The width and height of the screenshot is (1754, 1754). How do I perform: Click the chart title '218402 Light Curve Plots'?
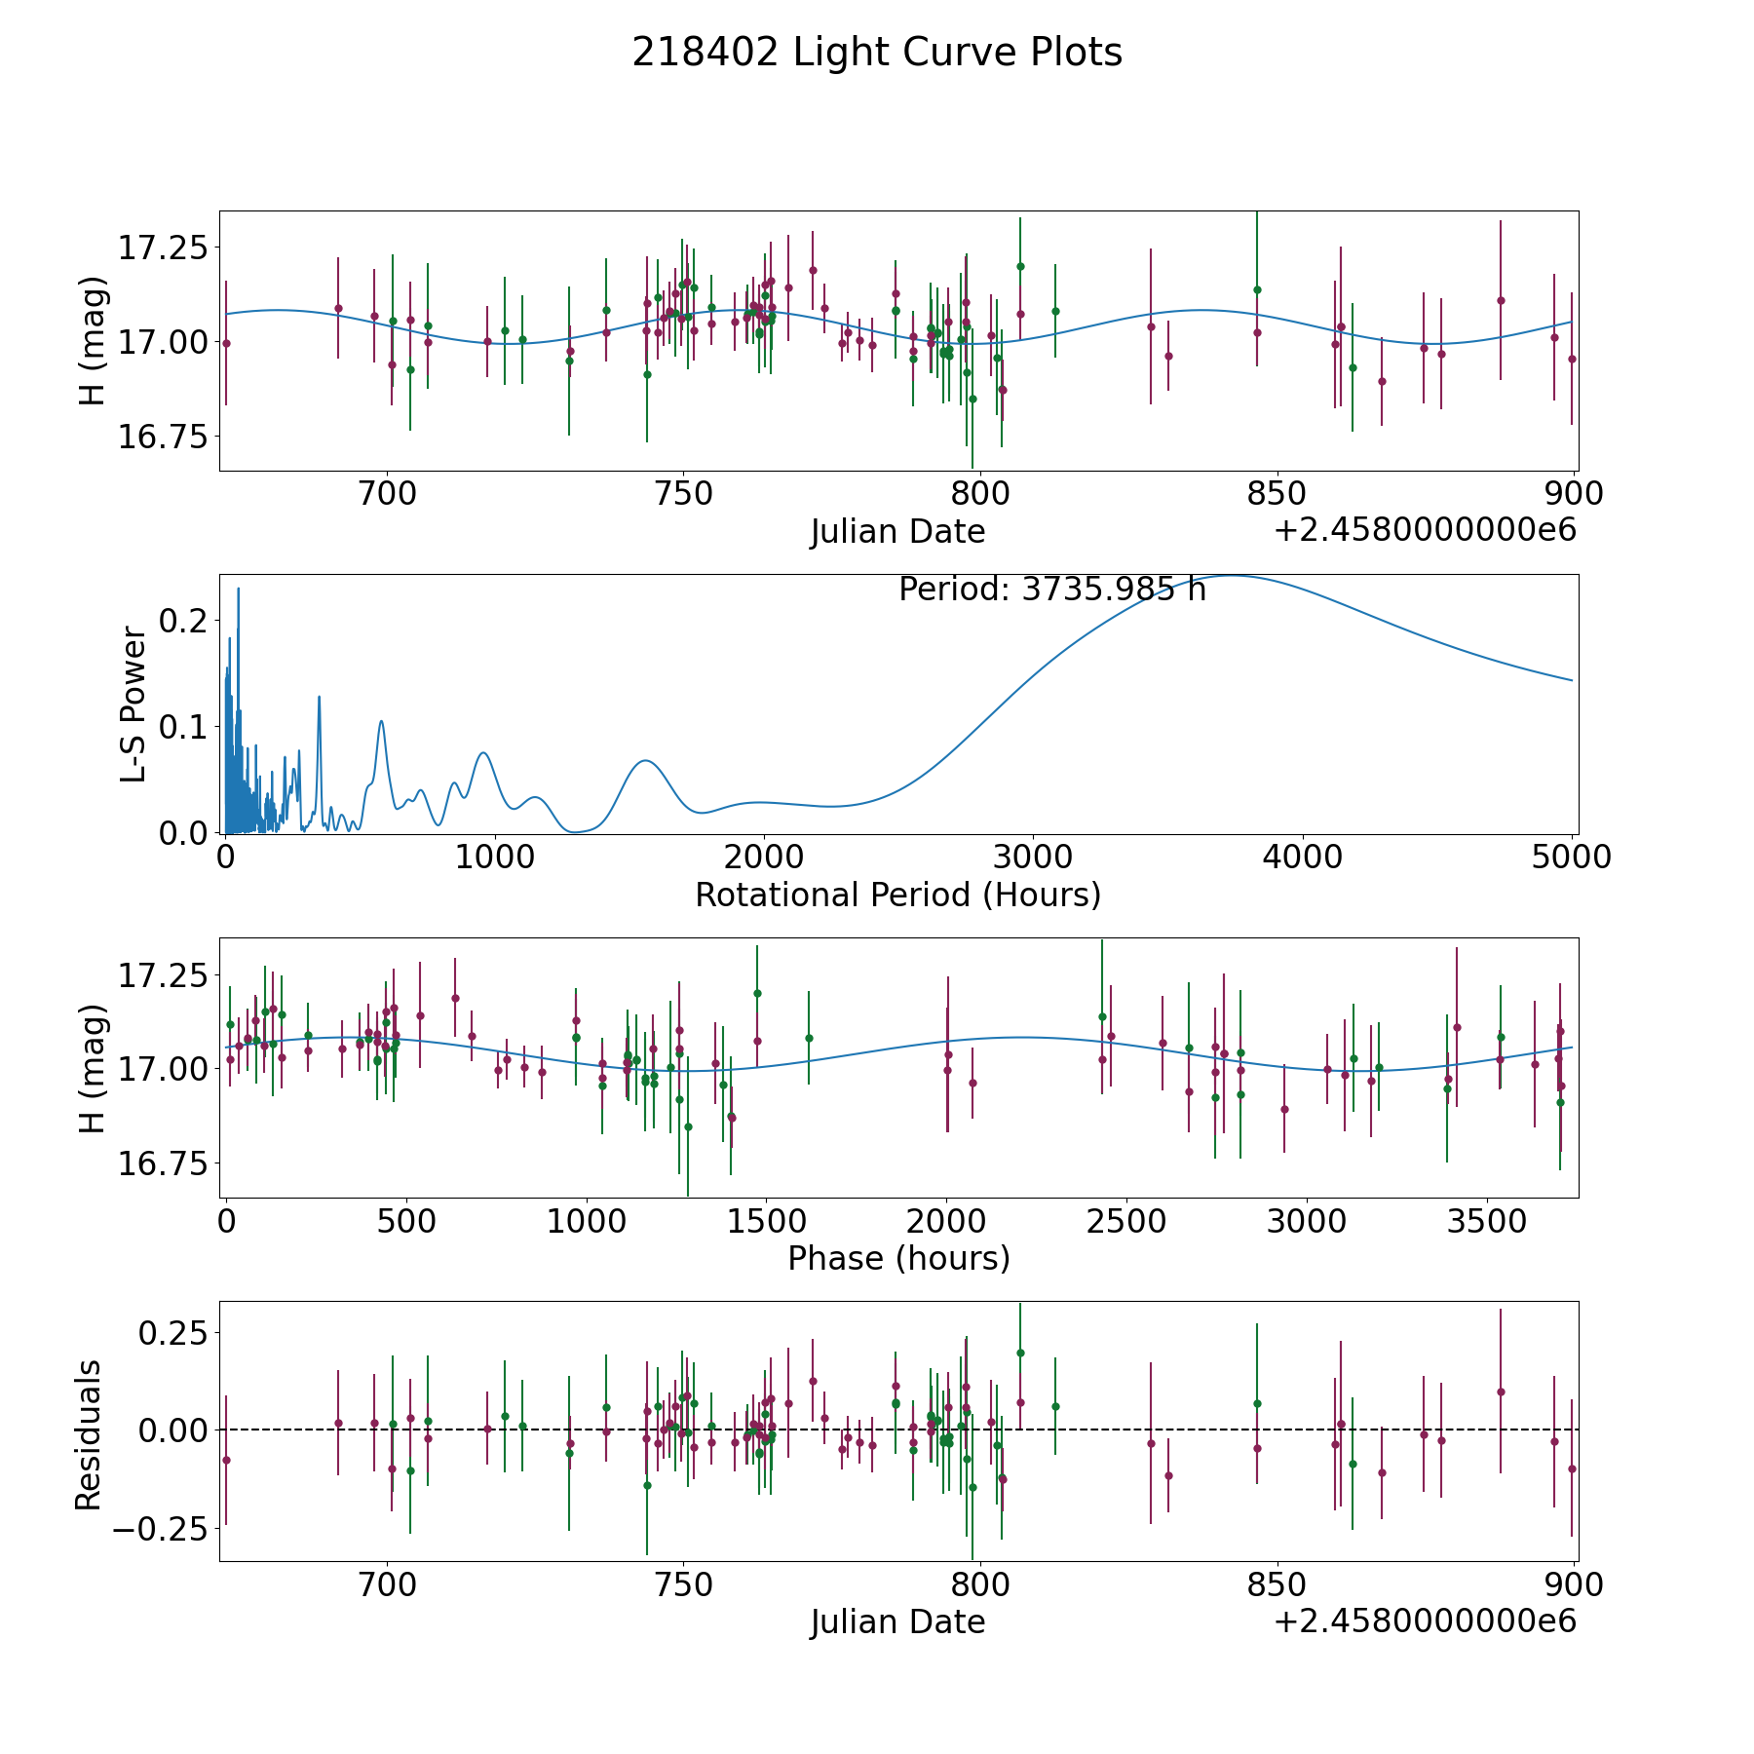877,53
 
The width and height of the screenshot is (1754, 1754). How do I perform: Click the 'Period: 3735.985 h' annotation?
1052,590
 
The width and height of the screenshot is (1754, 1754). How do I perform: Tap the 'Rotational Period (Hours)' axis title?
897,895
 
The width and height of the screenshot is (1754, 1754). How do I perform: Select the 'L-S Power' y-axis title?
133,705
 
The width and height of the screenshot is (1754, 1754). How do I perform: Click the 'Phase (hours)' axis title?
898,1258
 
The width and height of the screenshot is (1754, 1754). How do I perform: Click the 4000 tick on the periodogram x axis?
1301,858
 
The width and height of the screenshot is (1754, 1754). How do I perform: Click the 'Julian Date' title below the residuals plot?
897,1622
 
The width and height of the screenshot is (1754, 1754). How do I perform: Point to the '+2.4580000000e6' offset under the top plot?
1425,531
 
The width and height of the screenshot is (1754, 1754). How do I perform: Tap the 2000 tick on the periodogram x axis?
763,858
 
